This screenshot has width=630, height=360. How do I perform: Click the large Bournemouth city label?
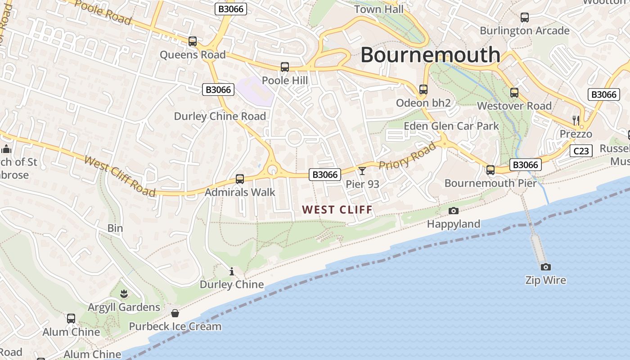point(430,55)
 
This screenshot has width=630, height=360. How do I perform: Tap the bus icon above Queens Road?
point(193,41)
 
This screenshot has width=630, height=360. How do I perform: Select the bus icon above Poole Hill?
point(285,67)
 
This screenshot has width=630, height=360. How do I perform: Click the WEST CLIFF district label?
point(337,210)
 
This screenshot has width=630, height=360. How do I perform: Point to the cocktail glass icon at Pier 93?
point(362,171)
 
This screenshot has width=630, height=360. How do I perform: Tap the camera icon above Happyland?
point(454,211)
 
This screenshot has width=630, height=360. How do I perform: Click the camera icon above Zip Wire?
point(545,267)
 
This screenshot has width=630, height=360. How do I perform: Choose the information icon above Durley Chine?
point(232,271)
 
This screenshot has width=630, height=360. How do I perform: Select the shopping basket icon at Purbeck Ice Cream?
point(175,313)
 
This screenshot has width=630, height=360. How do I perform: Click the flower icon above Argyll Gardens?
point(124,294)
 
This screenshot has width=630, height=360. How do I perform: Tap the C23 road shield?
point(580,151)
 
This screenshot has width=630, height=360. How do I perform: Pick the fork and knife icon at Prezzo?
point(576,120)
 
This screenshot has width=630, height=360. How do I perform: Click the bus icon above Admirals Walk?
point(240,179)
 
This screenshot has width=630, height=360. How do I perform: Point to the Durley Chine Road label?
point(220,116)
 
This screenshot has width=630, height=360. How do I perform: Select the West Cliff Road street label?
point(120,176)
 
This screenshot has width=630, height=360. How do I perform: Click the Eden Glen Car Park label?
point(451,126)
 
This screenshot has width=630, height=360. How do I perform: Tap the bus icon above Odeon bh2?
point(423,90)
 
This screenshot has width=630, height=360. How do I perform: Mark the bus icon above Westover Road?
point(514,93)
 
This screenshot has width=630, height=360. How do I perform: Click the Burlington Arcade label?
point(525,31)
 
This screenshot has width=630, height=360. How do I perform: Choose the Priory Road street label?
point(408,156)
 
